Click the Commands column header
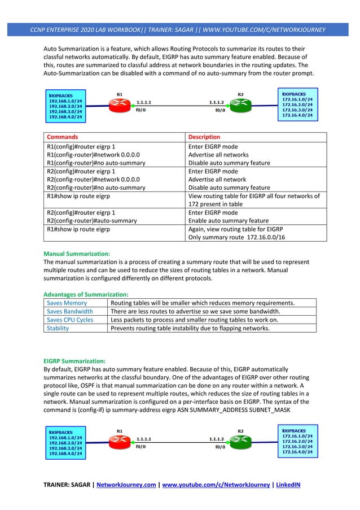(x=62, y=137)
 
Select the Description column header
(x=204, y=137)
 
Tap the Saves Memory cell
(x=67, y=303)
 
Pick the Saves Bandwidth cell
(x=70, y=311)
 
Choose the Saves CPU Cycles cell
(x=70, y=320)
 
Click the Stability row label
(x=58, y=328)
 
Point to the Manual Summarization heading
(x=77, y=254)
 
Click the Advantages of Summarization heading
(x=86, y=294)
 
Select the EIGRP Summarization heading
(x=74, y=360)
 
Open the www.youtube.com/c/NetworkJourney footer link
(x=215, y=484)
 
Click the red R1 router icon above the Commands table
(x=119, y=103)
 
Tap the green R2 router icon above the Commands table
(x=240, y=103)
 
